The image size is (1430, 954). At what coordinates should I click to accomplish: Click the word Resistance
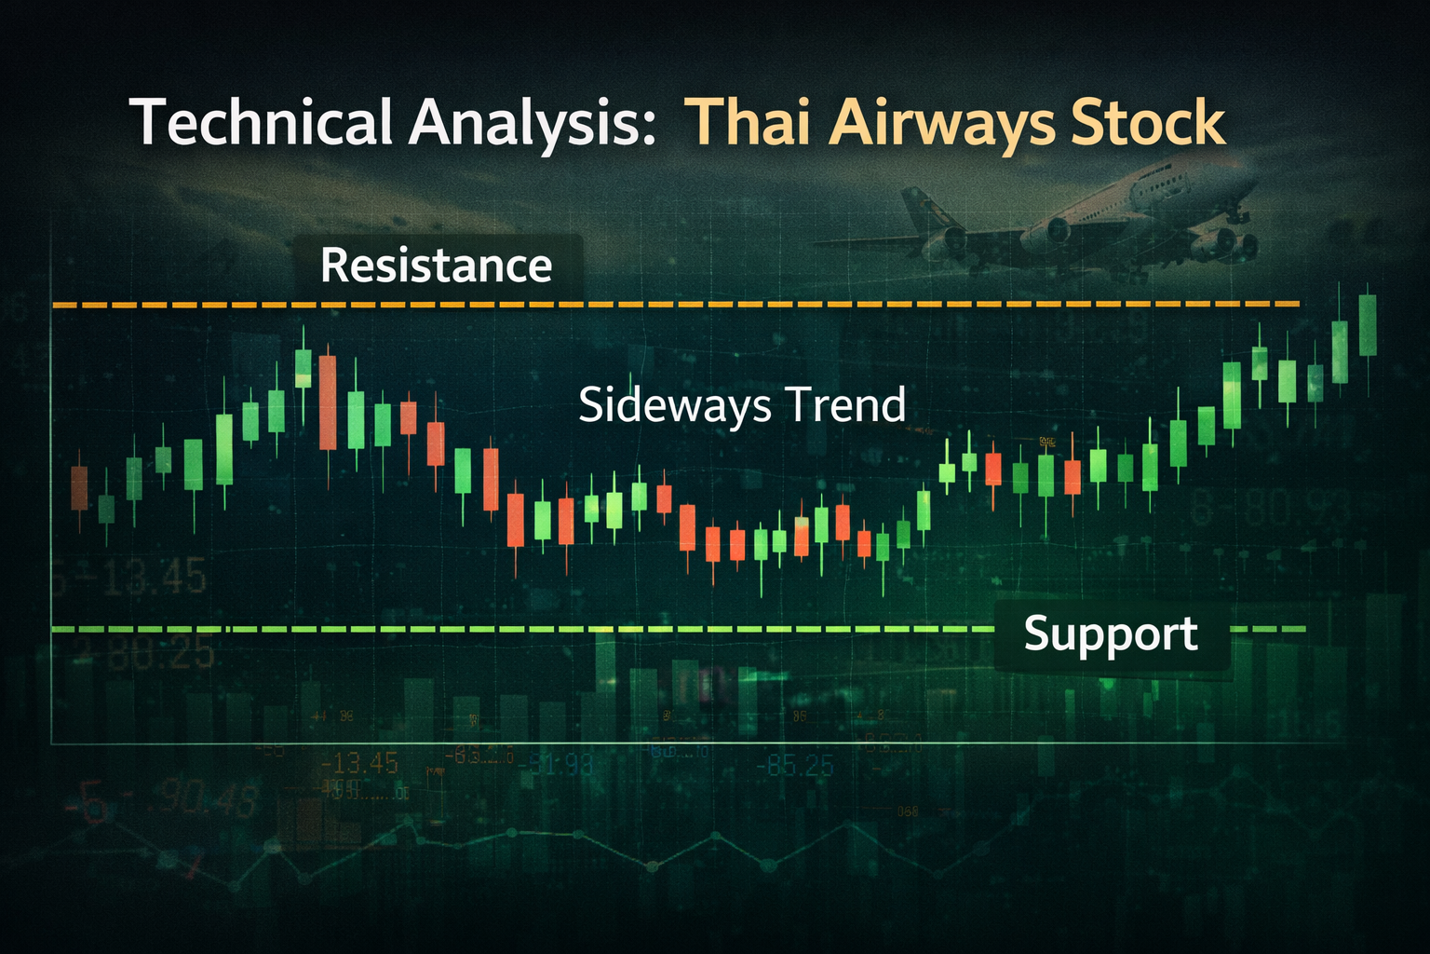click(x=436, y=266)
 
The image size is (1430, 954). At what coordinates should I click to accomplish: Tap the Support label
click(x=1110, y=634)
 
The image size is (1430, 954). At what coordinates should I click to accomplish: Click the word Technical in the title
click(x=261, y=123)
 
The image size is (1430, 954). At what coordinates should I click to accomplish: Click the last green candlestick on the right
click(x=1368, y=325)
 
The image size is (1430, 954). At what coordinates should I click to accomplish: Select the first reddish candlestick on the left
click(x=79, y=487)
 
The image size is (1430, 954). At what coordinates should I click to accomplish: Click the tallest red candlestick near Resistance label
click(x=327, y=402)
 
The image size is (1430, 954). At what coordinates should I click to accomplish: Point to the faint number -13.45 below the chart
click(x=359, y=765)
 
